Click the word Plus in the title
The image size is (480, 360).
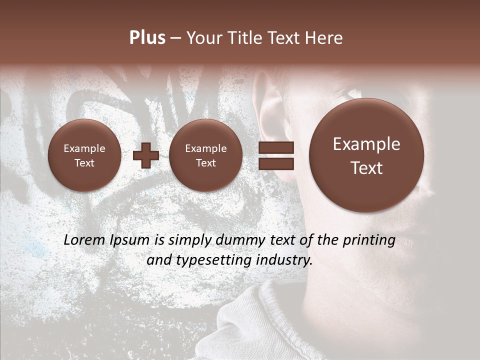click(x=147, y=38)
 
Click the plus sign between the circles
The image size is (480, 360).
click(x=146, y=155)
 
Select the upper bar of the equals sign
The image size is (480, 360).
click(x=276, y=147)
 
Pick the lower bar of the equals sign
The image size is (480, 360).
click(x=276, y=163)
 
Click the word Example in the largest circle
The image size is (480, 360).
click(x=366, y=144)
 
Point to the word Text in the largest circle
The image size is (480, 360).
click(x=366, y=168)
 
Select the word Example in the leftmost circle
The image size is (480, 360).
click(x=84, y=148)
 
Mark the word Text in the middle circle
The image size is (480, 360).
click(x=205, y=163)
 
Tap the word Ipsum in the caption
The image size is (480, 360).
click(x=129, y=240)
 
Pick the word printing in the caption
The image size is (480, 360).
click(x=368, y=240)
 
